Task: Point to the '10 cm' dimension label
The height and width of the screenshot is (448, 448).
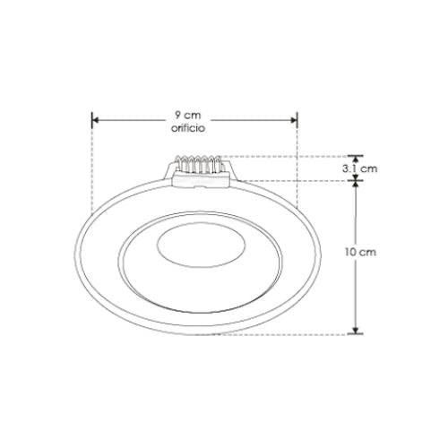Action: point(361,254)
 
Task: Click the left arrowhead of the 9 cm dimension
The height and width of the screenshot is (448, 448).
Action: point(95,116)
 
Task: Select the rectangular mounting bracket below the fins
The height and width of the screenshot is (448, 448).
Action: point(202,181)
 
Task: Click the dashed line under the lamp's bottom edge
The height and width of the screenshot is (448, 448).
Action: point(296,333)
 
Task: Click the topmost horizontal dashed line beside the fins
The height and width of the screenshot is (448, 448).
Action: point(287,156)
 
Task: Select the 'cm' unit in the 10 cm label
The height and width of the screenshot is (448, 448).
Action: point(368,254)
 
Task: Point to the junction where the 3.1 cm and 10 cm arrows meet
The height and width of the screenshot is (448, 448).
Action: point(357,180)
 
